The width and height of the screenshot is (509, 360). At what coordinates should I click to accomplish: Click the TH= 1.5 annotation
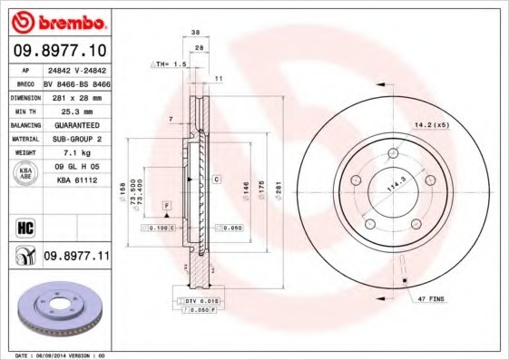click(x=170, y=64)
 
